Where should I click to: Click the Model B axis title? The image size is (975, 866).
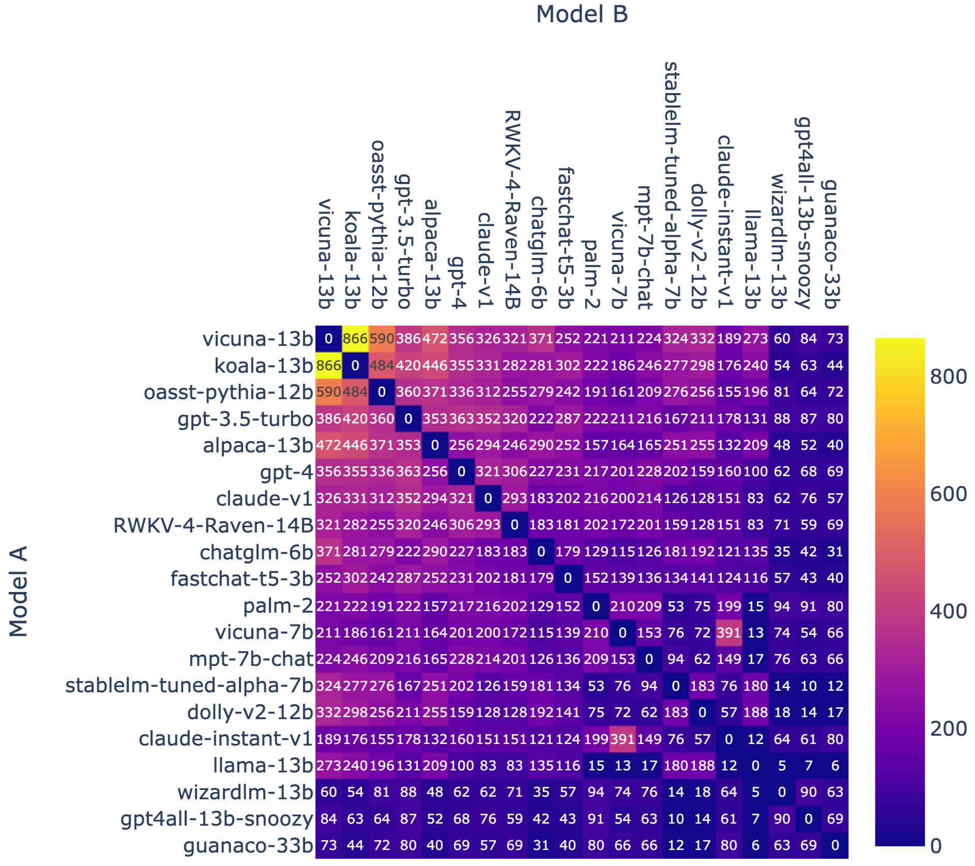pyautogui.click(x=582, y=14)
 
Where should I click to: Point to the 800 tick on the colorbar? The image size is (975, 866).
pyautogui.click(x=948, y=376)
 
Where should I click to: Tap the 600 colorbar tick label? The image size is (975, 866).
pyautogui.click(x=948, y=494)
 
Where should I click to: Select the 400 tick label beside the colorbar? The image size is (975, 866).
pyautogui.click(x=948, y=611)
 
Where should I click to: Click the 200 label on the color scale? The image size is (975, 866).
pyautogui.click(x=948, y=728)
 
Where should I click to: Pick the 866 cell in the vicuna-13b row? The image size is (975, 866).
pyautogui.click(x=355, y=339)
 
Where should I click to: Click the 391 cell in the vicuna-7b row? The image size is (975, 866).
pyautogui.click(x=728, y=632)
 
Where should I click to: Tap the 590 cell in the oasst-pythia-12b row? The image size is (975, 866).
pyautogui.click(x=329, y=392)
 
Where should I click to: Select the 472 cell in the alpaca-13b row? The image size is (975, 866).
pyautogui.click(x=329, y=445)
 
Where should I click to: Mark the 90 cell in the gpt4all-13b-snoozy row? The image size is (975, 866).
pyautogui.click(x=782, y=818)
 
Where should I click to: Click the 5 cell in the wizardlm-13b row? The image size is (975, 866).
pyautogui.click(x=755, y=792)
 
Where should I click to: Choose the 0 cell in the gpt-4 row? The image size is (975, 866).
pyautogui.click(x=462, y=472)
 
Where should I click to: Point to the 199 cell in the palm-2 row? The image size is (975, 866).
pyautogui.click(x=728, y=606)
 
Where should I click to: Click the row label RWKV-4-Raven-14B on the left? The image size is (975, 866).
pyautogui.click(x=213, y=525)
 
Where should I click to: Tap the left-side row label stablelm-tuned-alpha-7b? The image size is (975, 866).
pyautogui.click(x=189, y=686)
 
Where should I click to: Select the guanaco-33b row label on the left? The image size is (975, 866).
pyautogui.click(x=248, y=846)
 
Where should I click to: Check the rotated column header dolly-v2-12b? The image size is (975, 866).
pyautogui.click(x=699, y=246)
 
